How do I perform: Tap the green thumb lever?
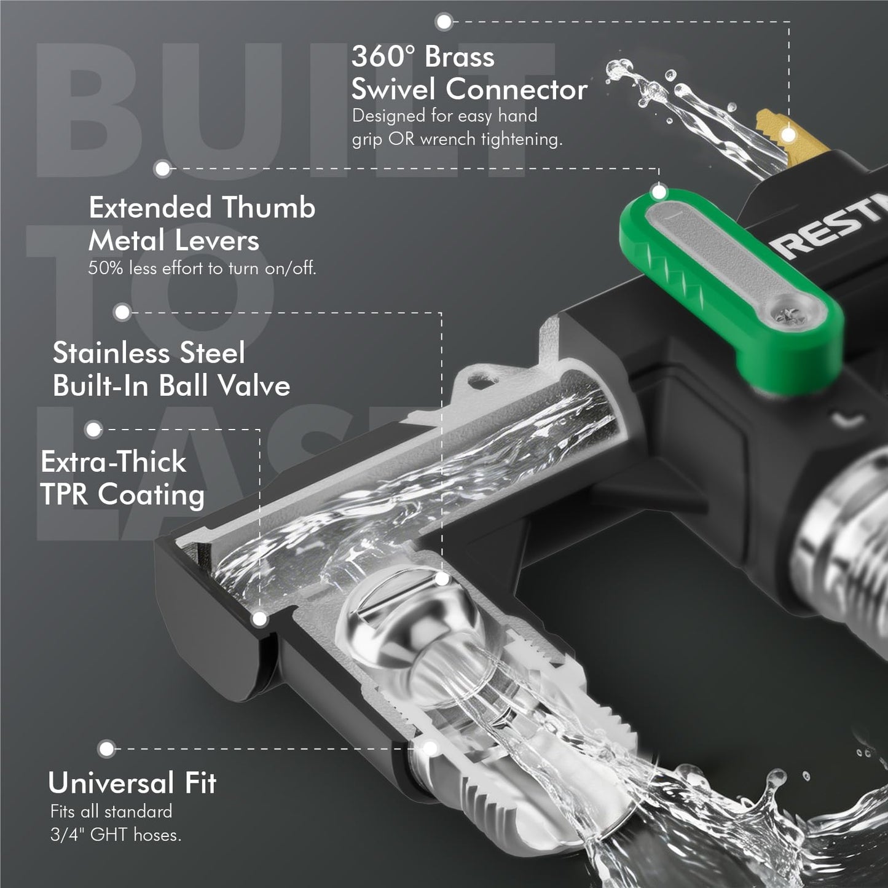pyautogui.click(x=731, y=290)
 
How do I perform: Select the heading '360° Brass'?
pyautogui.click(x=423, y=57)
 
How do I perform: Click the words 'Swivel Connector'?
pyautogui.click(x=469, y=88)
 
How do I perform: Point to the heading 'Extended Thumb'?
pyautogui.click(x=202, y=207)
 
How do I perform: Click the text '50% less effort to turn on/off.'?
pyautogui.click(x=202, y=268)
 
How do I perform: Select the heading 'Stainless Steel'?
pyautogui.click(x=148, y=353)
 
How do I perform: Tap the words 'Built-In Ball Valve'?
pyautogui.click(x=171, y=385)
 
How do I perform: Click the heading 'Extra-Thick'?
pyautogui.click(x=113, y=462)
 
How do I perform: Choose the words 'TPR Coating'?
pyautogui.click(x=122, y=495)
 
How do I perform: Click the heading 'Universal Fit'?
pyautogui.click(x=132, y=783)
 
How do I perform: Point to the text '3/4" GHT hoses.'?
pyautogui.click(x=115, y=835)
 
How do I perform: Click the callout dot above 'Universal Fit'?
pyautogui.click(x=107, y=749)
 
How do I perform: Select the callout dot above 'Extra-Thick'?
pyautogui.click(x=93, y=430)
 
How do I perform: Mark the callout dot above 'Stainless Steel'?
pyautogui.click(x=122, y=312)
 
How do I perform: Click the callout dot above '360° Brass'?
pyautogui.click(x=444, y=21)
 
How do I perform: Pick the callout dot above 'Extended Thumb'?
pyautogui.click(x=162, y=168)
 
